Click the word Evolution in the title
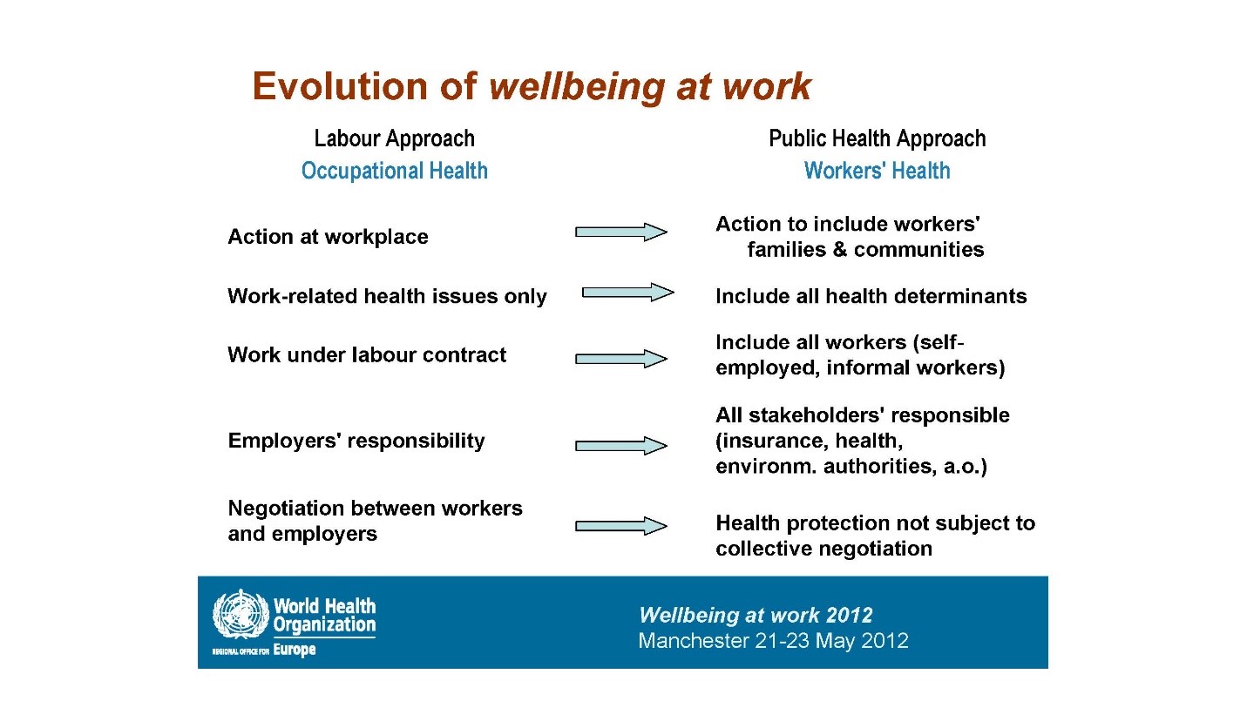[340, 86]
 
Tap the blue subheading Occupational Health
[394, 171]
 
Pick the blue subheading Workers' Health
[877, 171]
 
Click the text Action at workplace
[328, 237]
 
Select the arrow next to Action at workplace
[620, 232]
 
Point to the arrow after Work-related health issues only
[628, 292]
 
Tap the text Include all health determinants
[871, 296]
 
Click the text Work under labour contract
[367, 355]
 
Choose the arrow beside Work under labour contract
[620, 358]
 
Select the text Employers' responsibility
[356, 441]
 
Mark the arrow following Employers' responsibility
[620, 445]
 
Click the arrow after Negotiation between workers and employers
[620, 526]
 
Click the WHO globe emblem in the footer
[241, 614]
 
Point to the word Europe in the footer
[294, 650]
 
